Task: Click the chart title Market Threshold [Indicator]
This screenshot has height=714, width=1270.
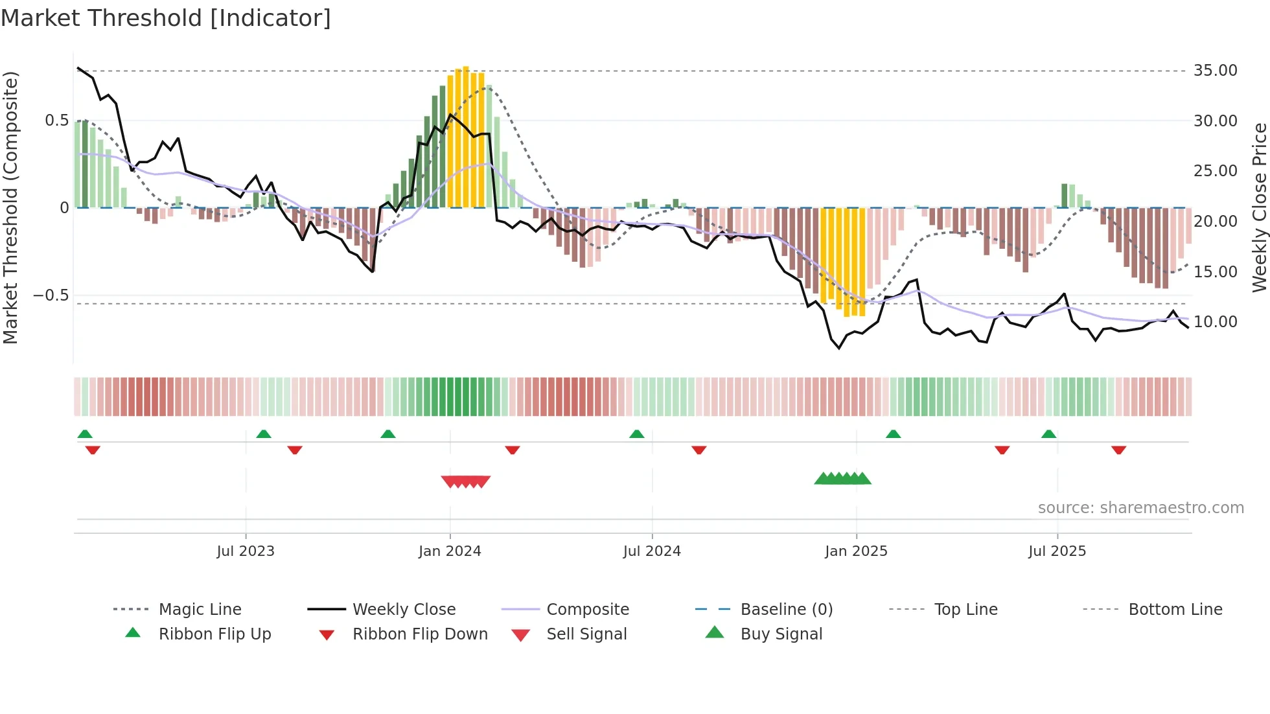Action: click(166, 18)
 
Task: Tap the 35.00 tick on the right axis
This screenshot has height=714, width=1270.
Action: click(1215, 71)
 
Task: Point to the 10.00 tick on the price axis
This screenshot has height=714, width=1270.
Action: click(1215, 322)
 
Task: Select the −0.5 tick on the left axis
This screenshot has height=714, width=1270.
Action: click(51, 295)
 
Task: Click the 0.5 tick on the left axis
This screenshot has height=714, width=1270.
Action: click(56, 121)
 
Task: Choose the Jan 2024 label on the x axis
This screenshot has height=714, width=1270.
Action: click(450, 551)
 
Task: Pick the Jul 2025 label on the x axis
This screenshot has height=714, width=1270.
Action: click(1057, 551)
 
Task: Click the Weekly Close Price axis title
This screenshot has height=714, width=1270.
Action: click(1259, 207)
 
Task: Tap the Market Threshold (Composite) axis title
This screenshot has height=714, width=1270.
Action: click(10, 207)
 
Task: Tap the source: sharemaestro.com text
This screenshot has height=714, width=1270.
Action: click(1140, 508)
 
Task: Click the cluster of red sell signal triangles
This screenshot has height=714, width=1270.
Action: click(466, 481)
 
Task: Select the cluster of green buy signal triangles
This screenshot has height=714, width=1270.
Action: click(842, 479)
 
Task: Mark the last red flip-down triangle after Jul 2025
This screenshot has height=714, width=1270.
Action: click(1118, 450)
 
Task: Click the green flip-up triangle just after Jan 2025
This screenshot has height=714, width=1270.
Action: click(893, 434)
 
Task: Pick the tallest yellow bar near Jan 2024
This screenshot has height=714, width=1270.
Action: click(466, 136)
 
